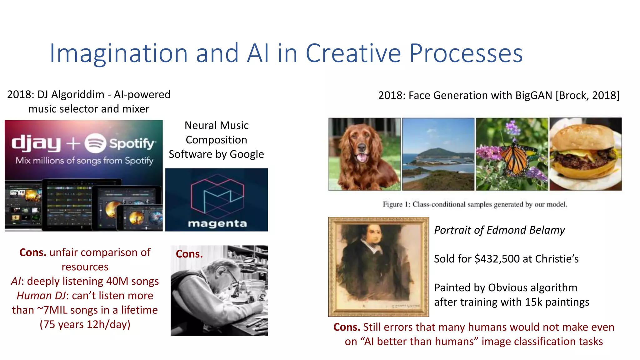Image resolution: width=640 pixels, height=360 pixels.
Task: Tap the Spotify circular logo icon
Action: coord(95,143)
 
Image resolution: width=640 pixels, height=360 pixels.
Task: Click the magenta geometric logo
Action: coord(217,196)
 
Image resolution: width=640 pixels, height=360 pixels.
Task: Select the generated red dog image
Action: coord(364,154)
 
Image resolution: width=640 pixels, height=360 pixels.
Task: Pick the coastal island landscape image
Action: coord(438,154)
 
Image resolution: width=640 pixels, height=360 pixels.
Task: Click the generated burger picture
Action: coord(585,154)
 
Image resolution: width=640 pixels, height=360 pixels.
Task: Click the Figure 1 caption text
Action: coord(475,204)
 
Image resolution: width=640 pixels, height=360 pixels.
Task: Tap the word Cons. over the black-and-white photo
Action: coord(189,254)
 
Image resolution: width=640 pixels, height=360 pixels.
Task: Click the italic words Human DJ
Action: coord(41,296)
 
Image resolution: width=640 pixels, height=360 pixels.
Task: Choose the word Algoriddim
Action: coord(78,94)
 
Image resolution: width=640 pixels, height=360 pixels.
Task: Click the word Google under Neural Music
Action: coord(247,154)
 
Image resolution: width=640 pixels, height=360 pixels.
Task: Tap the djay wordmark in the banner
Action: coord(36,143)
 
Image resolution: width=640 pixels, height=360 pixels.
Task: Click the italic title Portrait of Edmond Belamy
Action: coord(499,230)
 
